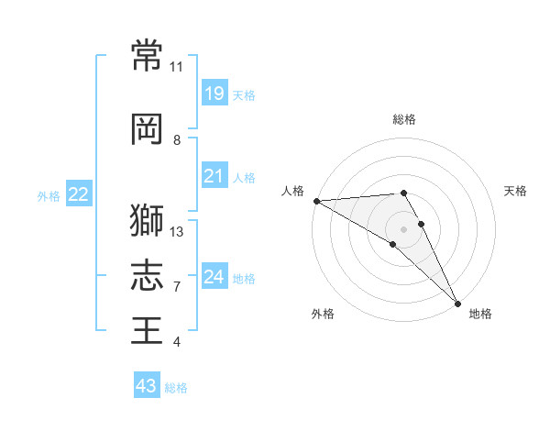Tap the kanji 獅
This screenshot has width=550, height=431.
pos(147,219)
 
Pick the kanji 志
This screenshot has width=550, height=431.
pos(147,274)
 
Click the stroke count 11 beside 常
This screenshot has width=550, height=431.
pos(177,67)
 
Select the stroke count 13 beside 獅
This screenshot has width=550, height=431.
pos(177,231)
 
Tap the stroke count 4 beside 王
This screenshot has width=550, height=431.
pos(177,342)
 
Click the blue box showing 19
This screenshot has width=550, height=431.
pos(214,93)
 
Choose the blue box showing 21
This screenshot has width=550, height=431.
pos(214,175)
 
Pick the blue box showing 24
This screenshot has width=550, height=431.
pos(214,276)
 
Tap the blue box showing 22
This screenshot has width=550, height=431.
pos(79,193)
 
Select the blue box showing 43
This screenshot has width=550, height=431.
pos(147,386)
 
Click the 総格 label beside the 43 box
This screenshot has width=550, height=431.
pos(176,388)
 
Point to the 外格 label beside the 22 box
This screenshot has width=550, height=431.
pos(49,195)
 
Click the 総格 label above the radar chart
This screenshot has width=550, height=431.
pos(403,119)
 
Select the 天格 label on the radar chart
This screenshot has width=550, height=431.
pos(515,191)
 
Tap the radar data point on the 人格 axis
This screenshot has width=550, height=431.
pos(316,201)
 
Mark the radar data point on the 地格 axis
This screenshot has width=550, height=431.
pos(457,303)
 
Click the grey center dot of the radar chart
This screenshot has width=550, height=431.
pos(403,228)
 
